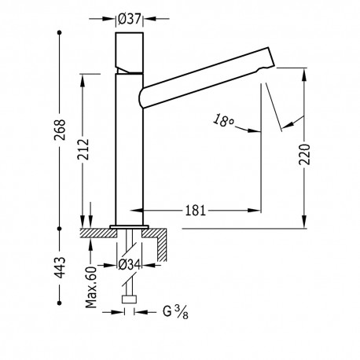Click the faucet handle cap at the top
pyautogui.click(x=130, y=51)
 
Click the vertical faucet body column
pyautogui.click(x=130, y=149)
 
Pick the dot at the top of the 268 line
pyautogui.click(x=60, y=34)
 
